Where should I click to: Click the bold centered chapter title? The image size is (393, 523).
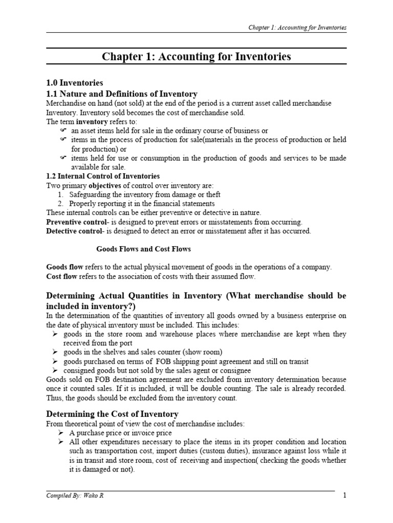click(196, 57)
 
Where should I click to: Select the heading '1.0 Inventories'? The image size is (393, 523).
click(75, 83)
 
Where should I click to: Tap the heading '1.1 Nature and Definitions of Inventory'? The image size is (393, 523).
click(122, 93)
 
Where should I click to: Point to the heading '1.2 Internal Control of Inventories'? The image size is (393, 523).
click(103, 176)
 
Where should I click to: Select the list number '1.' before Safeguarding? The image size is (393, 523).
click(60, 194)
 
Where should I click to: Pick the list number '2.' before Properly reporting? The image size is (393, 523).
click(60, 203)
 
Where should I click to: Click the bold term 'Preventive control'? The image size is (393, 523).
click(73, 222)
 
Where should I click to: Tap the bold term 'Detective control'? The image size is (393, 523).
click(72, 231)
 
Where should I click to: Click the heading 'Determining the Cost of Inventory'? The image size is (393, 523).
click(112, 413)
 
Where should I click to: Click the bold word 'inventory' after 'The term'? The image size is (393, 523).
click(92, 122)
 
